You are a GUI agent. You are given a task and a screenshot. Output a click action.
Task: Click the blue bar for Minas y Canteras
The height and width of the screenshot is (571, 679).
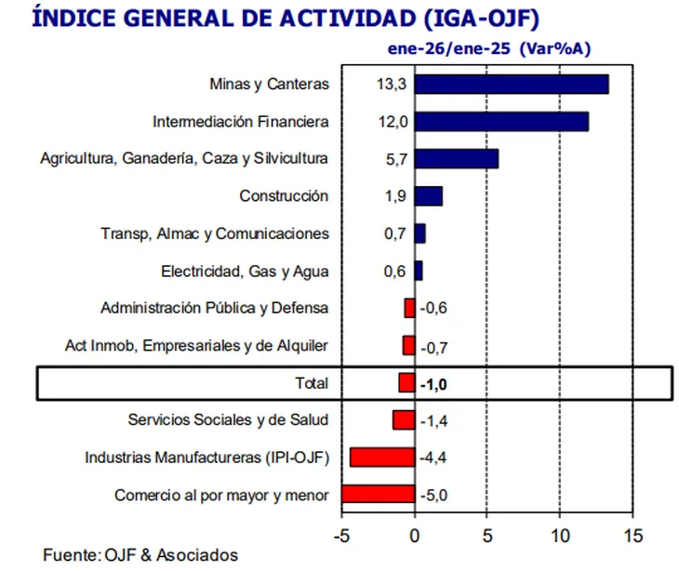tap(512, 84)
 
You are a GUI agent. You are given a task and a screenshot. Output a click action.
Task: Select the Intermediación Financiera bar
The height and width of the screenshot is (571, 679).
tap(501, 122)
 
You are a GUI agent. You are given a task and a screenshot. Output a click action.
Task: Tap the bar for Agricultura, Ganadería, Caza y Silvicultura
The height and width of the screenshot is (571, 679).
tap(456, 158)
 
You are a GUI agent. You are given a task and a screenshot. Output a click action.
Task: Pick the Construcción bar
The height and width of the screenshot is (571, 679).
tap(428, 196)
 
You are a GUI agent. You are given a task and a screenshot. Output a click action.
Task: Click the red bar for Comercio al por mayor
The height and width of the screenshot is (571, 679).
tap(378, 495)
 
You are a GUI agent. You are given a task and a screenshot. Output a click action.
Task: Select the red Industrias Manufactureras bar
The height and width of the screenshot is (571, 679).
tap(381, 458)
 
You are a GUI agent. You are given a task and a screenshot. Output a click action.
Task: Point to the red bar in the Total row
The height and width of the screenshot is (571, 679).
tap(406, 383)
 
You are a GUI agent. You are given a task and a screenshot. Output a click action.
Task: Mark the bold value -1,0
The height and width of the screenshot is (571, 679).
tap(434, 383)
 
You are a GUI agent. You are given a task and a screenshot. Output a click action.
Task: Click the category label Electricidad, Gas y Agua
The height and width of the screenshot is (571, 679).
tap(245, 272)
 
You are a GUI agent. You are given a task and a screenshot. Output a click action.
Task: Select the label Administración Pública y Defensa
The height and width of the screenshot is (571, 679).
tap(214, 309)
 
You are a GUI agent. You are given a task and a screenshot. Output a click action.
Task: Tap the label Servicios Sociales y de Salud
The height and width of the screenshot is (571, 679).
tap(228, 420)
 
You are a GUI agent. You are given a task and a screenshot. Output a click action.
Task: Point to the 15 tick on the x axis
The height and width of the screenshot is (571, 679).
tap(632, 537)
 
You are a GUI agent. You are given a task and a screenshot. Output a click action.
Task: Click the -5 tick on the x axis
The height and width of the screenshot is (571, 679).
tap(341, 537)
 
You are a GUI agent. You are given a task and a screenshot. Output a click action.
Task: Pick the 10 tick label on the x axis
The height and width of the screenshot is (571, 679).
tap(560, 537)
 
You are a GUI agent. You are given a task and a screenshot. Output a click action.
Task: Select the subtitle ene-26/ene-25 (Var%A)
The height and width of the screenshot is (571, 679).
tap(489, 48)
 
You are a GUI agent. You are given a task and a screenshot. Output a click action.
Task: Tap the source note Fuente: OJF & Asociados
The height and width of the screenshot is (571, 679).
tap(140, 556)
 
